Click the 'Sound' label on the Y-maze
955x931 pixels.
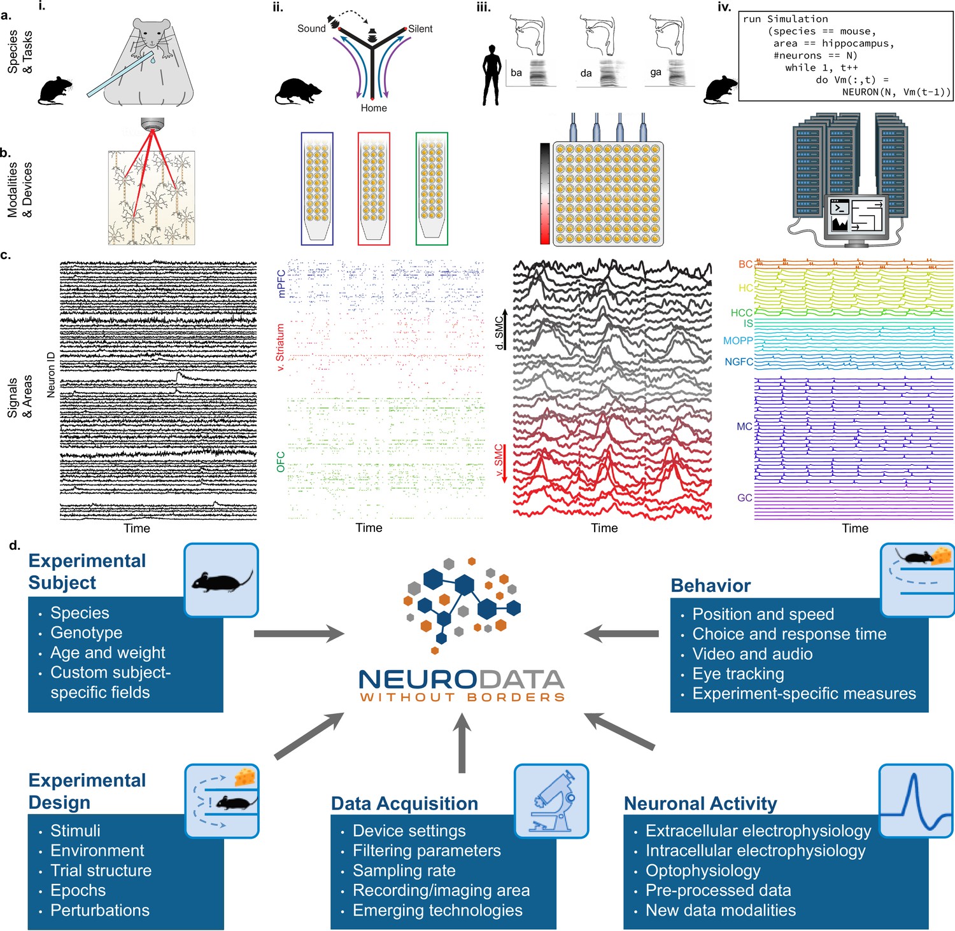[x=311, y=29]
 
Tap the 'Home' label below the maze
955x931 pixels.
[x=374, y=108]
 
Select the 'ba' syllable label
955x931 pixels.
[x=516, y=73]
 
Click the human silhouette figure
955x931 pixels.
[x=492, y=74]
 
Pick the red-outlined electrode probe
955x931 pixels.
[x=374, y=188]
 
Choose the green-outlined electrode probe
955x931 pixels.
[x=432, y=188]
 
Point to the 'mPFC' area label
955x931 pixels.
[x=281, y=284]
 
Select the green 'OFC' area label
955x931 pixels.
[x=281, y=462]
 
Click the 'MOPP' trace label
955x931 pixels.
[x=738, y=341]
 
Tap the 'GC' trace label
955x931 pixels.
[x=744, y=498]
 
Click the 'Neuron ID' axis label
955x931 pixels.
[x=51, y=375]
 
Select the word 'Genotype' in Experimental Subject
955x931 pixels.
[x=87, y=633]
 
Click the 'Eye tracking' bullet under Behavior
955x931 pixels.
[x=738, y=673]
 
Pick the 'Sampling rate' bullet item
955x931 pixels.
[x=404, y=871]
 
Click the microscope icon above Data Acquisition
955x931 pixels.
[x=551, y=801]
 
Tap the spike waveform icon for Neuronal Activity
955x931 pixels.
[x=916, y=801]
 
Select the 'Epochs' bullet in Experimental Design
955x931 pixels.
[x=78, y=890]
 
